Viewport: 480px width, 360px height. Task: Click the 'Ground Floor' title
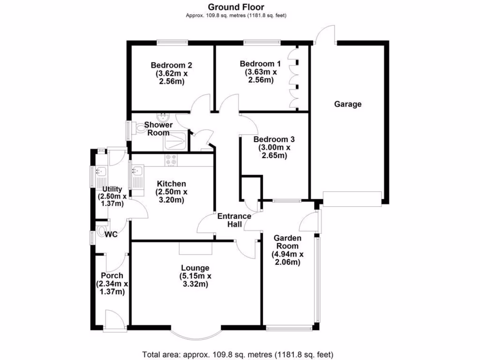[x=236, y=7]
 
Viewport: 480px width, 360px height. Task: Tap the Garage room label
[x=348, y=104]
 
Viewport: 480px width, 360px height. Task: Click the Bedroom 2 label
[x=172, y=65]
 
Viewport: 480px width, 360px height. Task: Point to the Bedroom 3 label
[x=274, y=139]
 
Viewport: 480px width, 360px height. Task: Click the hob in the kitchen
[x=171, y=160]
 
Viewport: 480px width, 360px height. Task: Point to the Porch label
[x=112, y=276]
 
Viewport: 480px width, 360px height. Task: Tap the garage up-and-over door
[x=352, y=199]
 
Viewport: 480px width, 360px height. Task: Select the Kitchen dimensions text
[x=172, y=196]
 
